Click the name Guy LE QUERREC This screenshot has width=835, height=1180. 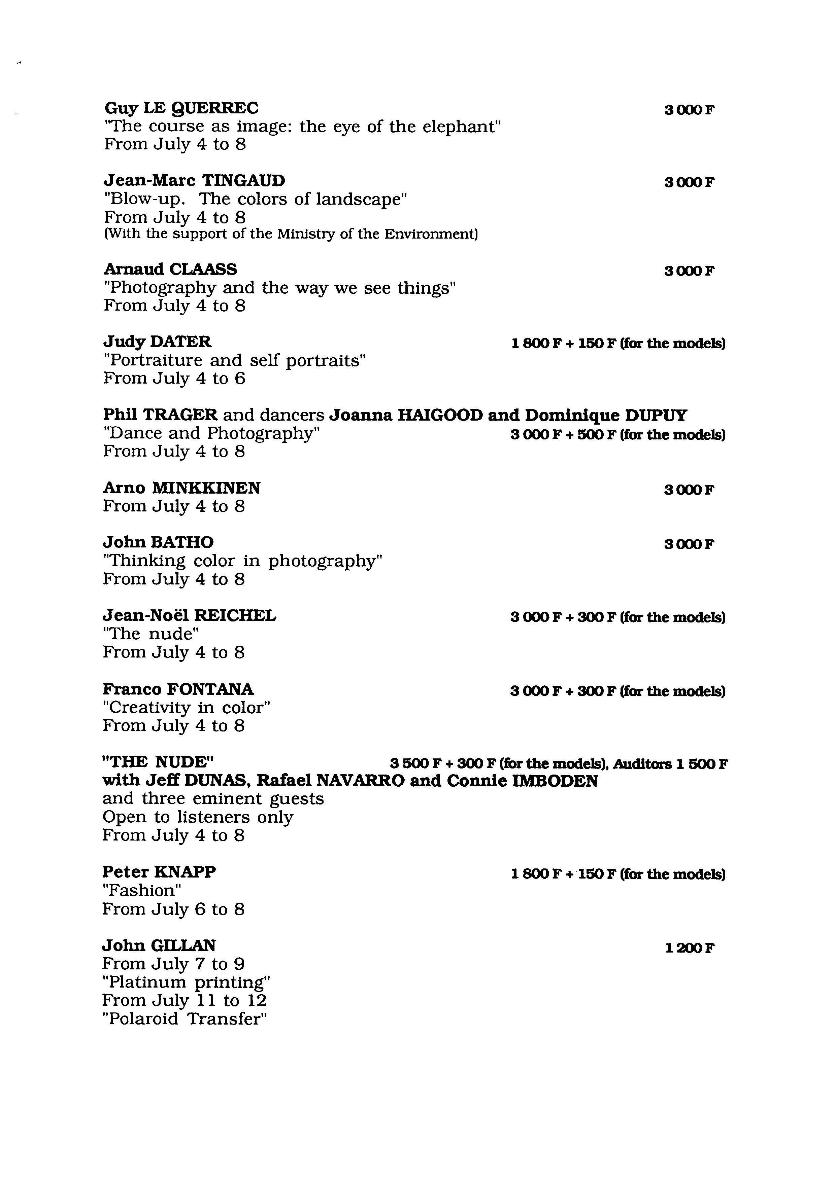pyautogui.click(x=181, y=108)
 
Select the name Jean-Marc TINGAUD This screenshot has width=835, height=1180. pyautogui.click(x=194, y=181)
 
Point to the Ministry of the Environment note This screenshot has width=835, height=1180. pyautogui.click(x=291, y=235)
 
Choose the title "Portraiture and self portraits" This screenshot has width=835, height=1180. pyautogui.click(x=234, y=360)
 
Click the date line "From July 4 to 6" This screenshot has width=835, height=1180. pyautogui.click(x=174, y=379)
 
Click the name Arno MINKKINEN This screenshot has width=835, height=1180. pyautogui.click(x=181, y=488)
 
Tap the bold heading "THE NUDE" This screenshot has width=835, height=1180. pyautogui.click(x=158, y=762)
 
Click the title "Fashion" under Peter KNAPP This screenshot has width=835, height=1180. pyautogui.click(x=141, y=891)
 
